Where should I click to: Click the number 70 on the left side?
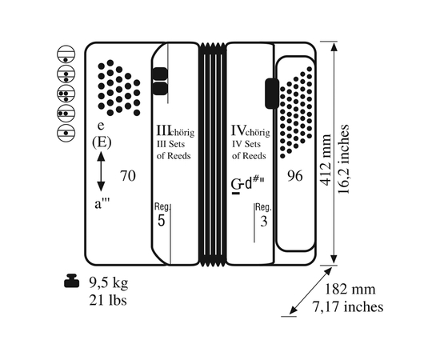128,176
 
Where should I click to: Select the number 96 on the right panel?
295,176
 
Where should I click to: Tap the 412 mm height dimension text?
326,160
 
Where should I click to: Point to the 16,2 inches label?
343,159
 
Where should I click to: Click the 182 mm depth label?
350,289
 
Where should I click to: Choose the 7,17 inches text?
348,306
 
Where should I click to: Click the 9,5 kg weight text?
109,283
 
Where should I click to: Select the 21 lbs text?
108,301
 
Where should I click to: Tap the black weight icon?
73,281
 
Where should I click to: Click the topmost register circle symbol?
66,54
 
